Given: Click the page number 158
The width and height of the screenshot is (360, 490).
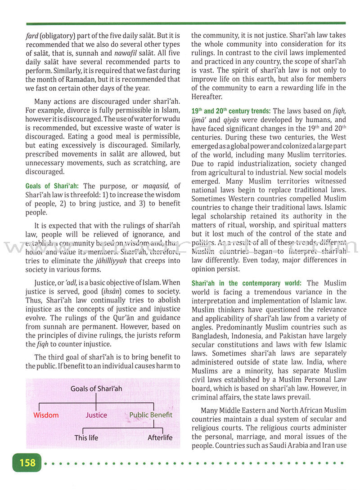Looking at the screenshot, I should pyautogui.click(x=27, y=463).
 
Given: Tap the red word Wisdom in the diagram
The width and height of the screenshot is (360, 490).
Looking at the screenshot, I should pyautogui.click(x=46, y=415).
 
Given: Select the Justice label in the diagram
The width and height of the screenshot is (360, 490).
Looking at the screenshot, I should pyautogui.click(x=97, y=415).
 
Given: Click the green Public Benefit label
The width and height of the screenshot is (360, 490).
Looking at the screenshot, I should pyautogui.click(x=151, y=414).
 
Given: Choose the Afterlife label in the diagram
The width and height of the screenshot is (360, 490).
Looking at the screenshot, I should pyautogui.click(x=160, y=437).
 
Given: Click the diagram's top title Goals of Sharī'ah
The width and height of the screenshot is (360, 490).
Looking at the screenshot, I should pyautogui.click(x=96, y=388).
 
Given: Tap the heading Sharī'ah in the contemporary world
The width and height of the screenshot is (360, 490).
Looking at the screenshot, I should pyautogui.click(x=247, y=283).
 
